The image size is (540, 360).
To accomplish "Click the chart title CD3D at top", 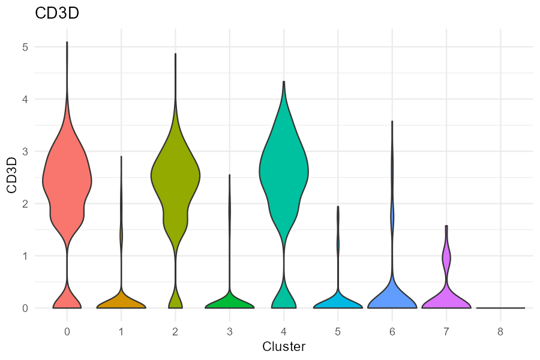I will (x=57, y=13).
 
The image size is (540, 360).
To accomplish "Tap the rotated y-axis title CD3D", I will (x=11, y=178).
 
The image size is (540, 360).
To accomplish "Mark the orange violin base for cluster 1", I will (x=121, y=302).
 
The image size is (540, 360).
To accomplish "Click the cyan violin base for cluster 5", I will (x=338, y=302).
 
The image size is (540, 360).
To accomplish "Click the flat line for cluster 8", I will (x=500, y=308).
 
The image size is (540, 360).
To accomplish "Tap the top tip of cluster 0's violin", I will (x=67, y=43).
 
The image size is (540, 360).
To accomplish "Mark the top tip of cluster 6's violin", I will (x=392, y=122).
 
